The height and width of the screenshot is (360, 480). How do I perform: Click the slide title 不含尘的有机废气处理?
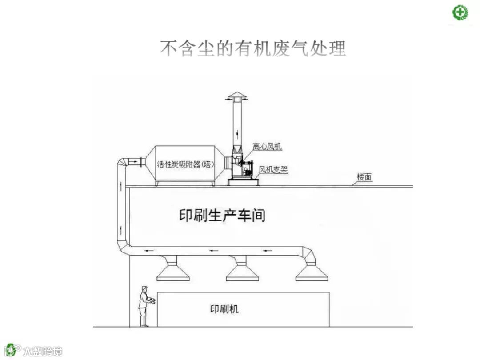[x=252, y=48]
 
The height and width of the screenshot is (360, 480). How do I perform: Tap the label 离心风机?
[x=267, y=146]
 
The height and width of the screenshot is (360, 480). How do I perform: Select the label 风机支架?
[x=273, y=169]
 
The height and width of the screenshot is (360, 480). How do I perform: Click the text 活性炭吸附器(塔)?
[x=185, y=164]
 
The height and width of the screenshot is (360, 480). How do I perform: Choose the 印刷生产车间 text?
[x=222, y=216]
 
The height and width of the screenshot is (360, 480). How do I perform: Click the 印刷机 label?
[x=224, y=308]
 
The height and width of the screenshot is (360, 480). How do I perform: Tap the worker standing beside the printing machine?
[x=144, y=307]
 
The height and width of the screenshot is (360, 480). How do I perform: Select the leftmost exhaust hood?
[x=174, y=271]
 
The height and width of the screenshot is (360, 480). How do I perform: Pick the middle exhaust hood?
[x=242, y=271]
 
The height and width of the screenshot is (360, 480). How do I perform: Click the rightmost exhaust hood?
[x=312, y=271]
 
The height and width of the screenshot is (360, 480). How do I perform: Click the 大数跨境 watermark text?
[x=43, y=351]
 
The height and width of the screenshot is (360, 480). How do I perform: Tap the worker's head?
[x=144, y=290]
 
